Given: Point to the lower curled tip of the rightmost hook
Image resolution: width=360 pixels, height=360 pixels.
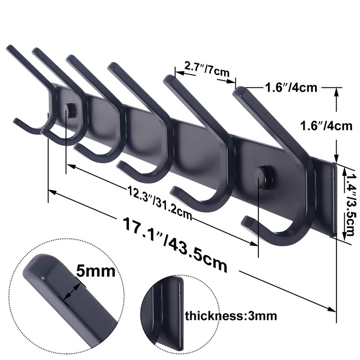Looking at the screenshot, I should coord(247,222).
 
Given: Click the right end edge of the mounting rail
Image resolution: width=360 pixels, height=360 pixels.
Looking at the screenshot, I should coord(333,198).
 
